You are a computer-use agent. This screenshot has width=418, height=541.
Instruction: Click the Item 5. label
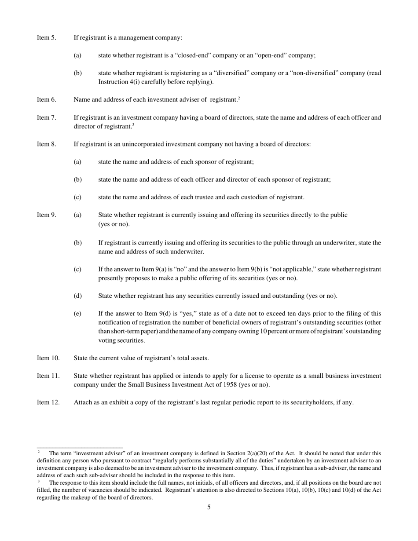pyautogui.click(x=46, y=37)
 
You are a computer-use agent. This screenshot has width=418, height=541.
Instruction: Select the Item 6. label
pyautogui.click(x=46, y=99)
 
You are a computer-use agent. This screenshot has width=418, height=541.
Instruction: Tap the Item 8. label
pyautogui.click(x=46, y=144)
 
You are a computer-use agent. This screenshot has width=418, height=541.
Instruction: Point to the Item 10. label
pyautogui.click(x=48, y=358)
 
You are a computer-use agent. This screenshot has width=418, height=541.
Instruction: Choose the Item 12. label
pyautogui.click(x=48, y=402)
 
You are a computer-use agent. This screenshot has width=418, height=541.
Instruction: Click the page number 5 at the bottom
pyautogui.click(x=209, y=507)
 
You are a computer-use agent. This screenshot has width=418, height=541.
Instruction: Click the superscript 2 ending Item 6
pyautogui.click(x=239, y=98)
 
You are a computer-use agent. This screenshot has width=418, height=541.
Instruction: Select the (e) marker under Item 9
pyautogui.click(x=77, y=314)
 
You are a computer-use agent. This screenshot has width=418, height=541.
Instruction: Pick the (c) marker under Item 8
pyautogui.click(x=77, y=197)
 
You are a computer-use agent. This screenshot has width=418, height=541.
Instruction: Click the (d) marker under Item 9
pyautogui.click(x=77, y=296)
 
